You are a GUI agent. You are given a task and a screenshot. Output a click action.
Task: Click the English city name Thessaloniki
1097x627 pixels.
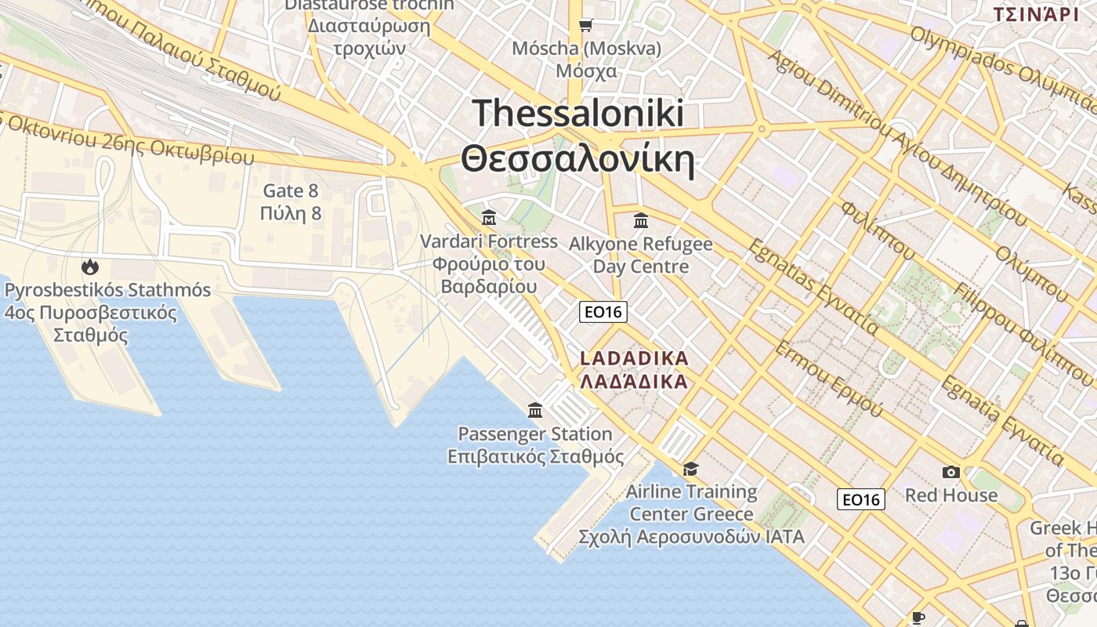pos(578,114)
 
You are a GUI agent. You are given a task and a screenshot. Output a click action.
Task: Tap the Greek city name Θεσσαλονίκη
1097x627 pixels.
pos(578,160)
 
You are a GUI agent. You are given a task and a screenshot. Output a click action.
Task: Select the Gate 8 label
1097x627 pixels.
pos(291,190)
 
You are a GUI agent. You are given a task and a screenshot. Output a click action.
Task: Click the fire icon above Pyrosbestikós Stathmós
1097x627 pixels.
pos(90,266)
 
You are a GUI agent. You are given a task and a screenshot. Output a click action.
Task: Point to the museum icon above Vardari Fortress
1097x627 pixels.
pos(489,216)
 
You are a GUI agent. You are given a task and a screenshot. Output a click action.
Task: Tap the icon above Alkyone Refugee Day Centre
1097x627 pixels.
pos(641,220)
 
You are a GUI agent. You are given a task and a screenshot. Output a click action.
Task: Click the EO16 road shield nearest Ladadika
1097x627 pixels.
pos(603,312)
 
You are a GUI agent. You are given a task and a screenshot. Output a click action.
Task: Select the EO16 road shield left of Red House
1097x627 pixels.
pos(861,499)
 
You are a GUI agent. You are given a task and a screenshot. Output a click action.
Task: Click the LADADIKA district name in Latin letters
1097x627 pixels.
pos(635,359)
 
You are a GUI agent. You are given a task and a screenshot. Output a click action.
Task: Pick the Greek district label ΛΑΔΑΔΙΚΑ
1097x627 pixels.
pos(635,382)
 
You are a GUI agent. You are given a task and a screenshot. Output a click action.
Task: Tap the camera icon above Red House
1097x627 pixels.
pos(951,472)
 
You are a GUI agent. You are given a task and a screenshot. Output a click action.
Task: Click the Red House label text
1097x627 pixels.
pos(951,495)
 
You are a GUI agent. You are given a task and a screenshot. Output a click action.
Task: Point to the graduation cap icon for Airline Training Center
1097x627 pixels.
pos(690,469)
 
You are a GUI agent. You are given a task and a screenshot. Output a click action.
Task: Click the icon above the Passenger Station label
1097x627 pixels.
pos(535,410)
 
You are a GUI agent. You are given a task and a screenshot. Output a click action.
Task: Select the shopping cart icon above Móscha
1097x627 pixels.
pos(585,26)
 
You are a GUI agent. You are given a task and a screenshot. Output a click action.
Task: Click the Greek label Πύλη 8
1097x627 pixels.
pos(291,213)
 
